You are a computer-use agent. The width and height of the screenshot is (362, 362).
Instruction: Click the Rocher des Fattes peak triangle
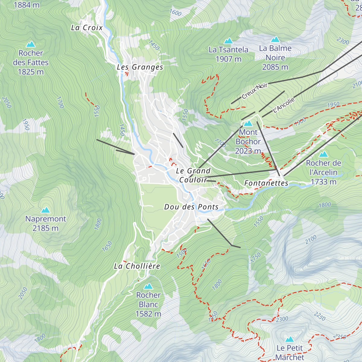pos(30,45)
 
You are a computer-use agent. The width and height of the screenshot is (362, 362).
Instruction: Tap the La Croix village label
pos(87,28)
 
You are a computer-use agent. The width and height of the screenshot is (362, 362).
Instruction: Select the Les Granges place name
pos(140,67)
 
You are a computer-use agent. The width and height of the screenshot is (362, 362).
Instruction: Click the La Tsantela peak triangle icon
pos(228,41)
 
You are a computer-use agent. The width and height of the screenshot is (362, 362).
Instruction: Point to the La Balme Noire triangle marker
pos(275,40)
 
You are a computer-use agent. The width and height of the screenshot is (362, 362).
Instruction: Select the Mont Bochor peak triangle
pos(248,123)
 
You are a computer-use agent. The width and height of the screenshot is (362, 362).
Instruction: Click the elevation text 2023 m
pos(248,151)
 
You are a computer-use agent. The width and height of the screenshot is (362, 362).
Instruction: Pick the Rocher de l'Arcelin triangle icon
pos(323,154)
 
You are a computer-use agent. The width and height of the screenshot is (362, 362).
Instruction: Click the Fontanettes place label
pos(266,183)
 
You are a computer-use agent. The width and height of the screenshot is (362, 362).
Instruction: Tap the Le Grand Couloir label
pos(193,175)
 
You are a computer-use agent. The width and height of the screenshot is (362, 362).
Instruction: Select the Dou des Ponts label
pos(191,207)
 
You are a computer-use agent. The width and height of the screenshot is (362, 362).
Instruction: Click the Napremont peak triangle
pos(46,210)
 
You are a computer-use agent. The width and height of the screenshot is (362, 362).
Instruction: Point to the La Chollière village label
pos(137,266)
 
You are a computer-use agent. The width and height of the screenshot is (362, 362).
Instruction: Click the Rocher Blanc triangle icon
pos(148,286)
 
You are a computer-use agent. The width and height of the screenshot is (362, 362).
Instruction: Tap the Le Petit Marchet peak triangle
pos(290,339)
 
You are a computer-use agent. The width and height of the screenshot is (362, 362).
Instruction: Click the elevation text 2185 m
pos(46,228)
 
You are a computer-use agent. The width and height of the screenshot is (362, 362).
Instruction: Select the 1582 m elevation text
pos(148,314)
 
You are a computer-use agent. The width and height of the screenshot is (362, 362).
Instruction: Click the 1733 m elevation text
pos(323,182)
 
